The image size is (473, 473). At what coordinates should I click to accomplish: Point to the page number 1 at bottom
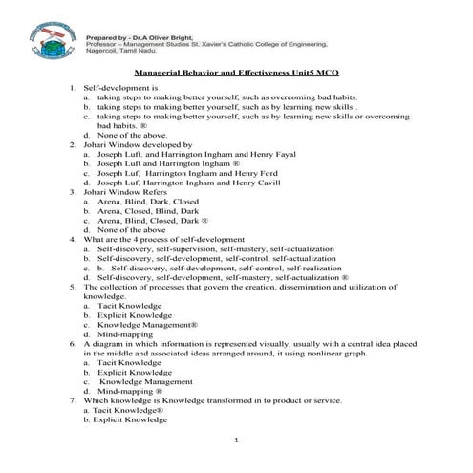pos(236,438)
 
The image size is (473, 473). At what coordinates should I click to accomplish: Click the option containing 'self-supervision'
pos(210,248)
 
